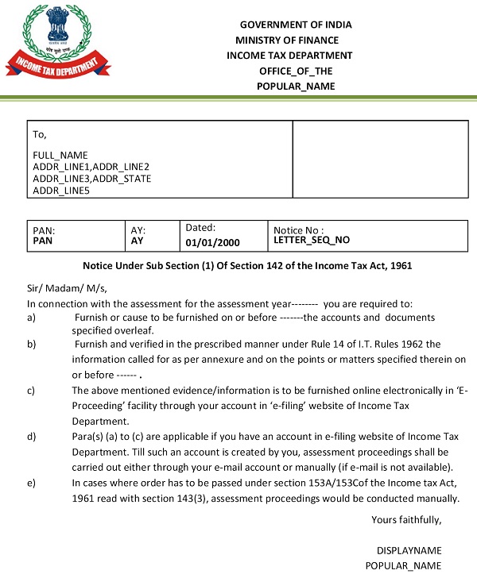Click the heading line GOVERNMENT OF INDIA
pyautogui.click(x=296, y=25)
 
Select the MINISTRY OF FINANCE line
pyautogui.click(x=287, y=40)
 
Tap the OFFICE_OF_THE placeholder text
pyautogui.click(x=297, y=71)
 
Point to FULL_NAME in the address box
pyautogui.click(x=60, y=155)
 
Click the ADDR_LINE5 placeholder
pyautogui.click(x=62, y=191)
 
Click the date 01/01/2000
pyautogui.click(x=212, y=242)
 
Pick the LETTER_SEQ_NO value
pyautogui.click(x=312, y=239)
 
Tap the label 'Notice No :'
pyautogui.click(x=299, y=229)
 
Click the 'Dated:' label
pyautogui.click(x=201, y=227)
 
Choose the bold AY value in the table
pyautogui.click(x=137, y=240)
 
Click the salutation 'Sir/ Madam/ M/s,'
pyautogui.click(x=67, y=288)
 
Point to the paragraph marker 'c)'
pyautogui.click(x=31, y=390)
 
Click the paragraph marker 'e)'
pyautogui.click(x=31, y=483)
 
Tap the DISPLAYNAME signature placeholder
pyautogui.click(x=409, y=550)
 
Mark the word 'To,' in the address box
pyautogui.click(x=40, y=135)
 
